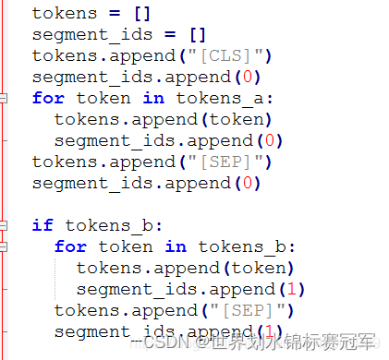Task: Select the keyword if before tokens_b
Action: pos(43,225)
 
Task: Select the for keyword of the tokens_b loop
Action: pos(70,246)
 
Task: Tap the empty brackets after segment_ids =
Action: pos(199,34)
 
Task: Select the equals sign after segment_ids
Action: pos(176,34)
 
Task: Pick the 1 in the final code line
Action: pos(266,331)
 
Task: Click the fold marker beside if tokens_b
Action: pos(5,225)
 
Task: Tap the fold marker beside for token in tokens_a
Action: pos(5,98)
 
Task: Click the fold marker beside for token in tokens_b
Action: pos(5,246)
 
